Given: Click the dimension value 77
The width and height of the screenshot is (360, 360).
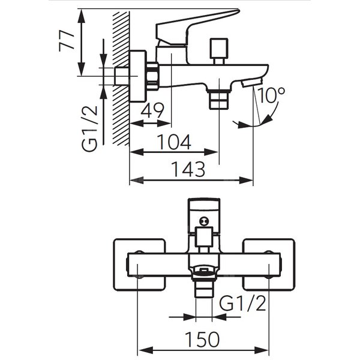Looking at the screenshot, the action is click(67, 40).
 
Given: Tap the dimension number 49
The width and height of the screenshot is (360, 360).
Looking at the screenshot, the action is click(152, 110).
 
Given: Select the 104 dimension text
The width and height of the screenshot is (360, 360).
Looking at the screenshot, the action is click(174, 142).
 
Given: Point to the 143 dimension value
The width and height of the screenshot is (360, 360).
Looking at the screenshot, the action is click(188, 169).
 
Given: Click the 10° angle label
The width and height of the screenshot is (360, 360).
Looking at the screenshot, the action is click(271, 95).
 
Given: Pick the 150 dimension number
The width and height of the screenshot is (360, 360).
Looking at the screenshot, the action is click(202, 339).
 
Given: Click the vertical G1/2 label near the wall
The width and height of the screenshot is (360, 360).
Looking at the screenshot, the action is click(90, 128).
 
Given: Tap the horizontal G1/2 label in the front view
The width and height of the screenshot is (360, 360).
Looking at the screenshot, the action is click(242, 303).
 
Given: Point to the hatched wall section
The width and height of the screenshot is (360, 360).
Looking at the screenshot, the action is click(121, 79).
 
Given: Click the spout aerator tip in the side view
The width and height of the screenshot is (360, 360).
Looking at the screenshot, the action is click(251, 82).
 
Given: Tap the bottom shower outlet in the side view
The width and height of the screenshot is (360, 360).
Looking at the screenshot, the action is click(219, 100).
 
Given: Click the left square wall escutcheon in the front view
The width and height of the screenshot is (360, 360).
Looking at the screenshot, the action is click(140, 265).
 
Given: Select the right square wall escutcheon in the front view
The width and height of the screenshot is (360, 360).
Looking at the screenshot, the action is click(269, 265).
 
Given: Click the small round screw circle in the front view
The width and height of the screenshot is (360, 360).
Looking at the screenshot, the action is click(203, 221).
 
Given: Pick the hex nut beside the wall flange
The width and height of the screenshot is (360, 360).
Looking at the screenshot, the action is click(152, 76).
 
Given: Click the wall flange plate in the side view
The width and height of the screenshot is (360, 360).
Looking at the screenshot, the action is click(138, 76).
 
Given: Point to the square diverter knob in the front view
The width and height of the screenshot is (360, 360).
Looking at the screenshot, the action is click(203, 237).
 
